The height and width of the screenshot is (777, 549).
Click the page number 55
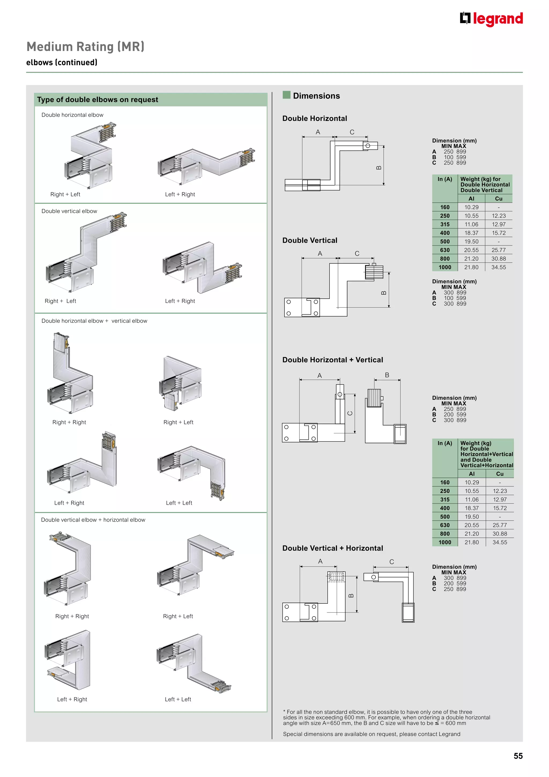coord(518,756)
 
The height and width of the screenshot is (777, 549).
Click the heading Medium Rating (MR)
coord(86,47)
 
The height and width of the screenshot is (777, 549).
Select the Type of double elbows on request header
coord(98,100)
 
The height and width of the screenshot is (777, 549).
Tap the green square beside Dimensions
coord(286,95)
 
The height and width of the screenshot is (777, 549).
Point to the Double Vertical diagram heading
coord(310,240)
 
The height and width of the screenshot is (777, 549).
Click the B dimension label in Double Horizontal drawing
coord(379,167)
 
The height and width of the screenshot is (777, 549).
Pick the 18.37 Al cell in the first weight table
coord(471,233)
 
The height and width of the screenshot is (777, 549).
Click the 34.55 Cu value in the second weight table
coord(499,542)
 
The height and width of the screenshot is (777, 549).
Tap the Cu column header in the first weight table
coord(499,199)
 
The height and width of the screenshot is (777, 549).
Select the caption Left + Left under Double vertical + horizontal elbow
coord(178,699)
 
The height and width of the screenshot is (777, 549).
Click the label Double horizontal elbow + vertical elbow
coord(94,321)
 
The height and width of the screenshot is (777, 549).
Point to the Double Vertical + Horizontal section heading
coord(333,548)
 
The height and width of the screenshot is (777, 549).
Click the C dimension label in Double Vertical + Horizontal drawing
coord(391,562)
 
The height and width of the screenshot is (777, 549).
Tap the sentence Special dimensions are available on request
coord(372,734)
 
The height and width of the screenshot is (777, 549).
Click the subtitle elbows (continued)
coord(62,63)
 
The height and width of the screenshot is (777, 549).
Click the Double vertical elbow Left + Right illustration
coord(202,267)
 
